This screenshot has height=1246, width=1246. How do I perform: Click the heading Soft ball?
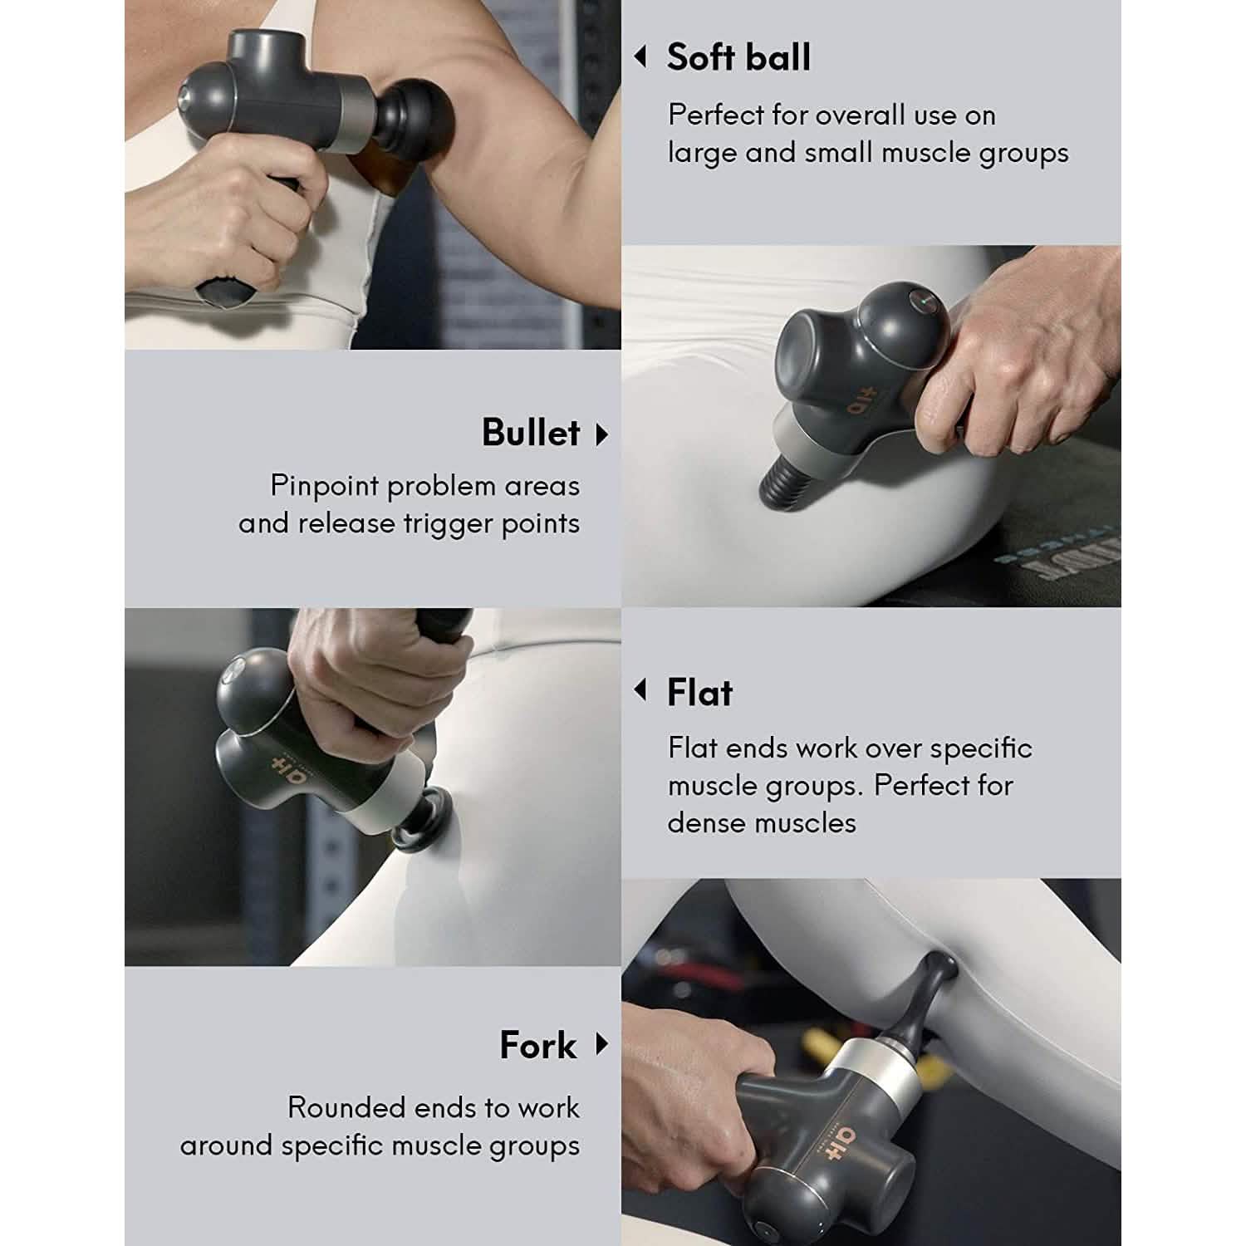click(x=738, y=57)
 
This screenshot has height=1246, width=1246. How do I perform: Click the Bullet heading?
click(x=530, y=433)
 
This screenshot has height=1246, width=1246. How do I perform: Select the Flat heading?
click(x=699, y=692)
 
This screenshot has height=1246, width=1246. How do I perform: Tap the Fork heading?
click(x=537, y=1045)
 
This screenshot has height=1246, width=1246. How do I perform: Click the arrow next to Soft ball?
click(x=640, y=56)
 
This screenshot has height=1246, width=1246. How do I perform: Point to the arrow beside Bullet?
click(x=602, y=434)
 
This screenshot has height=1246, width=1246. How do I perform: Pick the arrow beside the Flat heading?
click(x=640, y=689)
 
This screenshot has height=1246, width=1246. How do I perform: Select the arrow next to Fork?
click(x=602, y=1043)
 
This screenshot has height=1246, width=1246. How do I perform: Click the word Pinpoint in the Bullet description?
click(x=325, y=486)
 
